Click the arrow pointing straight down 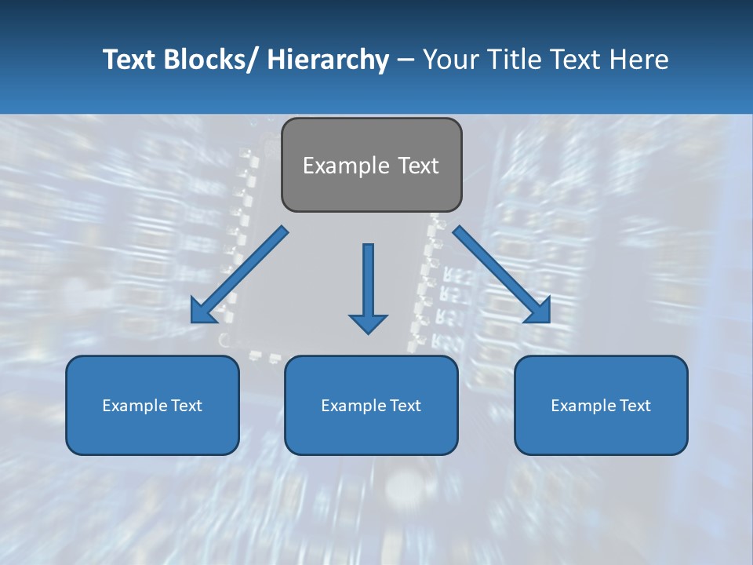pos(368,282)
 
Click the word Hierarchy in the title pos(328,60)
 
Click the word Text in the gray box pos(418,166)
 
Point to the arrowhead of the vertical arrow pos(368,323)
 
